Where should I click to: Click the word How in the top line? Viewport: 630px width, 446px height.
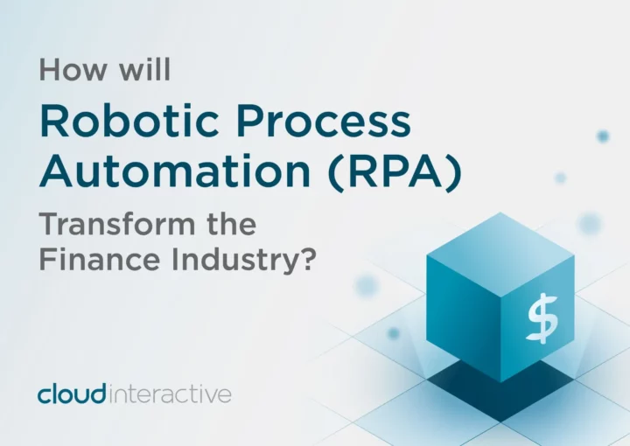click(73, 70)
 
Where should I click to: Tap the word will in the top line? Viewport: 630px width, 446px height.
click(144, 69)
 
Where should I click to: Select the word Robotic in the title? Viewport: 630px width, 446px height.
click(129, 120)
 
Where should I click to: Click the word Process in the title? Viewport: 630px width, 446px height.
click(324, 121)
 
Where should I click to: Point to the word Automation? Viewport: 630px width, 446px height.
click(175, 171)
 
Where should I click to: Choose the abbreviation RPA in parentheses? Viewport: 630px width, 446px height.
click(395, 171)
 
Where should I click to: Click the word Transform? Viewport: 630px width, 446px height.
click(117, 224)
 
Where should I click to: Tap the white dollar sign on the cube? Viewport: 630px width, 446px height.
click(542, 318)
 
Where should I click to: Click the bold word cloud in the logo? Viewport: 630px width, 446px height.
click(72, 394)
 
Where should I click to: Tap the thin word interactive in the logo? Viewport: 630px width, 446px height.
click(170, 394)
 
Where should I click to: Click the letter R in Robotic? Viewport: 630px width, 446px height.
click(54, 121)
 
